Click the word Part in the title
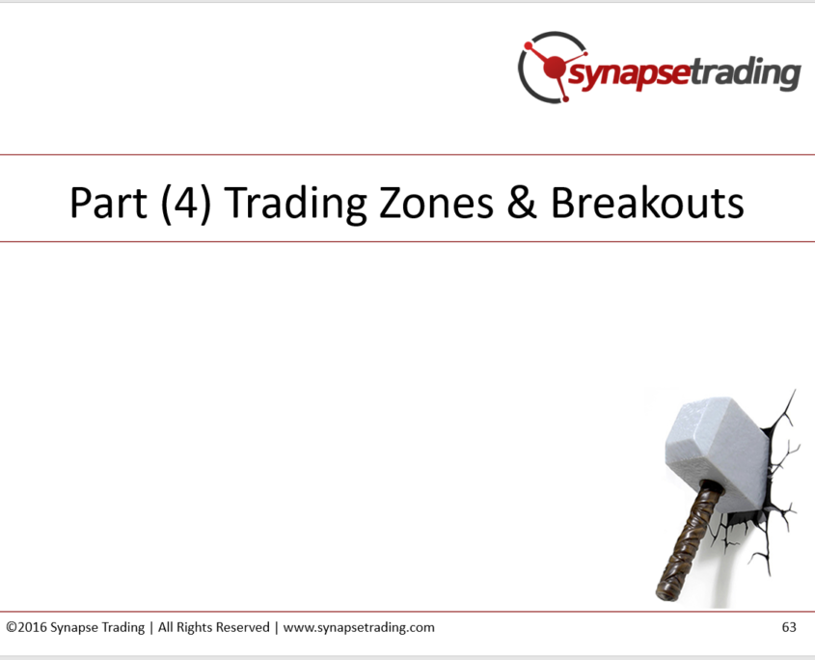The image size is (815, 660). pos(109,203)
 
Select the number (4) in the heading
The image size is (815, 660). pos(186,204)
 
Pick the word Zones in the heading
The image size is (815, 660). pos(436,203)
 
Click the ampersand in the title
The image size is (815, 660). pos(522,203)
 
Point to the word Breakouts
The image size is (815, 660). pos(647,203)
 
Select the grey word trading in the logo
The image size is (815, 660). pos(746,72)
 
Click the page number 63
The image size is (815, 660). pos(789,627)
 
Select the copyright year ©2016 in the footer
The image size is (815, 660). pos(26,627)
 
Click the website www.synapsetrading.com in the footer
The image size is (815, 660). pos(359,628)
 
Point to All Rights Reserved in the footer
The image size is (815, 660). pos(213,628)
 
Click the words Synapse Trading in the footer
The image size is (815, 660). pos(97,628)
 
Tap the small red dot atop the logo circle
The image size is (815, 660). pos(529,46)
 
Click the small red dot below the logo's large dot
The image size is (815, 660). pos(565,98)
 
